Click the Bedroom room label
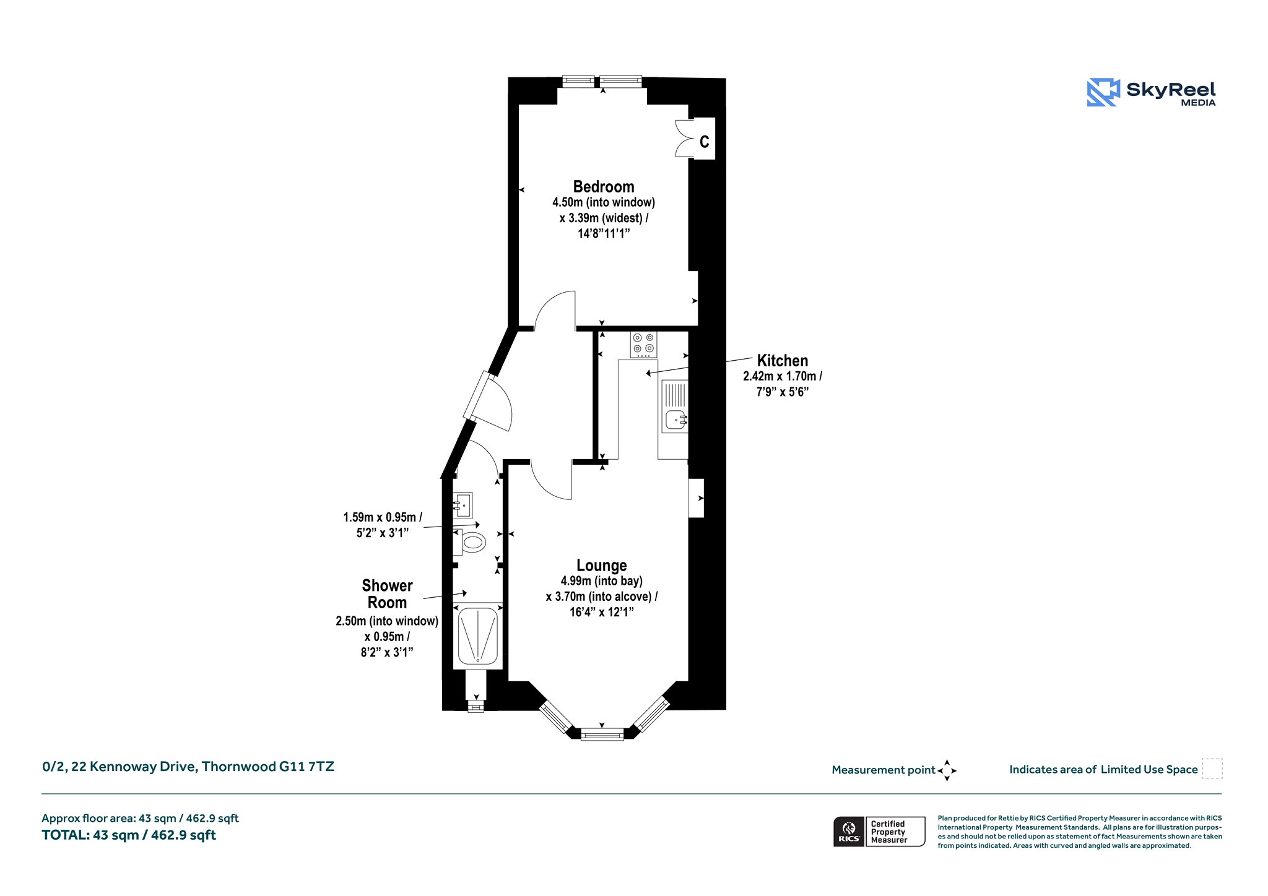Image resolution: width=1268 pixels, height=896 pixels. point(604,187)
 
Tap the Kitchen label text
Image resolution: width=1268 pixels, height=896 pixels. point(783,361)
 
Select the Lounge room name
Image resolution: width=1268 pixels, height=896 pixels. point(602,565)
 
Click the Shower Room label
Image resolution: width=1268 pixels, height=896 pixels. point(387,594)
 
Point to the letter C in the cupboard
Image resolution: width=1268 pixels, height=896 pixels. point(704,142)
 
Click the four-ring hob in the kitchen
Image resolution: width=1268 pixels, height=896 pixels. point(644,345)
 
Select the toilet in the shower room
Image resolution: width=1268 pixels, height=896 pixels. point(470,543)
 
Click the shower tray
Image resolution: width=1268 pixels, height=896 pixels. point(477,635)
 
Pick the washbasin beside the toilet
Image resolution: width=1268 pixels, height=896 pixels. point(462,505)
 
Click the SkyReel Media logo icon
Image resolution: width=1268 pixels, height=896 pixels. point(1103,92)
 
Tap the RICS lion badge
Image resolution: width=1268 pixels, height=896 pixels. point(849,831)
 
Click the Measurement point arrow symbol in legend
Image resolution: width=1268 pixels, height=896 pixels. point(947,770)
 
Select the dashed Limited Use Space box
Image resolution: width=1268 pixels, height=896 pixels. point(1212,769)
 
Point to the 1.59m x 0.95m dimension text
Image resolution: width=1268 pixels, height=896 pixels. point(383,517)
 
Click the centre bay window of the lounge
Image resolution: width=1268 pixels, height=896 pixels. point(602,734)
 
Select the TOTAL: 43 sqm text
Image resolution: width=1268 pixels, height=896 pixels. point(129,835)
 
